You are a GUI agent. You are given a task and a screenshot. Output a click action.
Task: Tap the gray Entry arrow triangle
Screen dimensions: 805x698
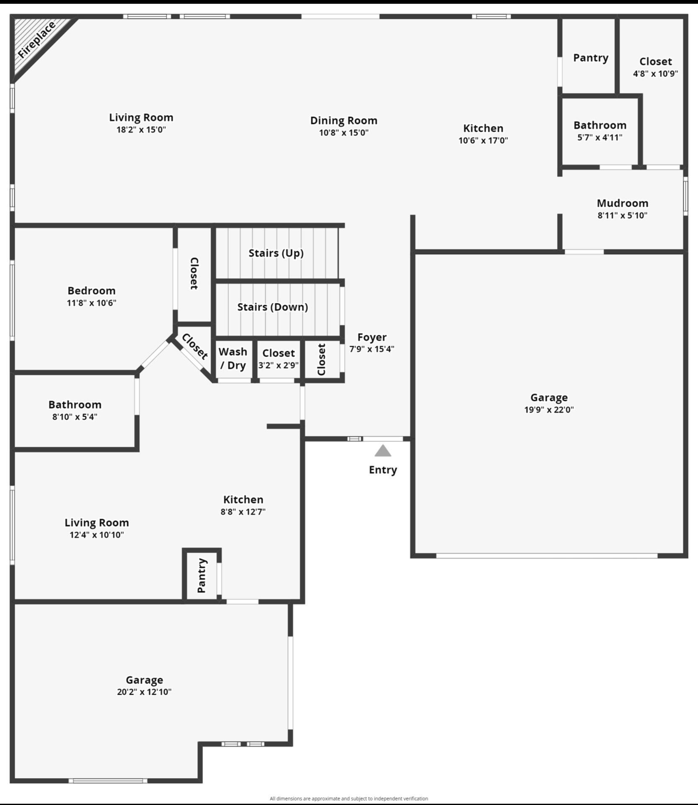[x=383, y=451]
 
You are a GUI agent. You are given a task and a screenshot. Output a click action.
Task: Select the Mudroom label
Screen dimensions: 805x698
[x=622, y=204]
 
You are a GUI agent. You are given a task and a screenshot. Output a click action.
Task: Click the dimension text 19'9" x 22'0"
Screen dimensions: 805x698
[x=549, y=410]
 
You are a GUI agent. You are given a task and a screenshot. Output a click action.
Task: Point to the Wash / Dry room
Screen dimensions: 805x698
[x=233, y=359]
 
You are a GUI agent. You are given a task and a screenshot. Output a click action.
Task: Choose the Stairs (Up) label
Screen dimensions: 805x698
[x=276, y=253]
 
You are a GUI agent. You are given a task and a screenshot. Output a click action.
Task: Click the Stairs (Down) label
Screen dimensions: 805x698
[x=272, y=307]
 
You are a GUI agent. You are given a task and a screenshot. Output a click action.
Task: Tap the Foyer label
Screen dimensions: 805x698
[x=372, y=337]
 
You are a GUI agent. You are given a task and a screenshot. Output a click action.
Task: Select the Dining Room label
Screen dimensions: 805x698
[x=344, y=121]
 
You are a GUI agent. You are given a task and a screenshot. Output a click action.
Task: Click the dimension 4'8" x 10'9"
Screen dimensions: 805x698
[x=655, y=74]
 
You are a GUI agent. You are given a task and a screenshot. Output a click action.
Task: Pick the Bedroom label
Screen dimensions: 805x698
[x=91, y=291]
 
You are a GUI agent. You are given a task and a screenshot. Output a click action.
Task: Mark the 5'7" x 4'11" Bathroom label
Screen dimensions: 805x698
[x=600, y=125]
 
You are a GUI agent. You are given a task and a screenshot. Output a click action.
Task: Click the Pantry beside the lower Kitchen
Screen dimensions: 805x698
[x=202, y=575]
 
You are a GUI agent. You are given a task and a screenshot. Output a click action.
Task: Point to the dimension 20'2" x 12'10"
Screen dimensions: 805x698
[x=144, y=692]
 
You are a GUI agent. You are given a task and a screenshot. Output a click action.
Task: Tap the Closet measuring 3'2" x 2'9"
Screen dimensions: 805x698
[x=278, y=359]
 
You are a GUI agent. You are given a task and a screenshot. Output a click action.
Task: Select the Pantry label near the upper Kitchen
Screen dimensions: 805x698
[x=590, y=58]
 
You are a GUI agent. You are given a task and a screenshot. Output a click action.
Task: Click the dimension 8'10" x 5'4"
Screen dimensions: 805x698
[x=75, y=417]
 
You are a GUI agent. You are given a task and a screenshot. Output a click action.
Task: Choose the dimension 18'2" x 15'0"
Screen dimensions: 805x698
[x=141, y=129]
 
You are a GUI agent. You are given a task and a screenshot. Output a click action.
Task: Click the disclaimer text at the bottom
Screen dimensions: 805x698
[x=349, y=798]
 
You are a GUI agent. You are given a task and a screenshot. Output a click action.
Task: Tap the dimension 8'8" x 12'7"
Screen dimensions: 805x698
[x=243, y=511]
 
